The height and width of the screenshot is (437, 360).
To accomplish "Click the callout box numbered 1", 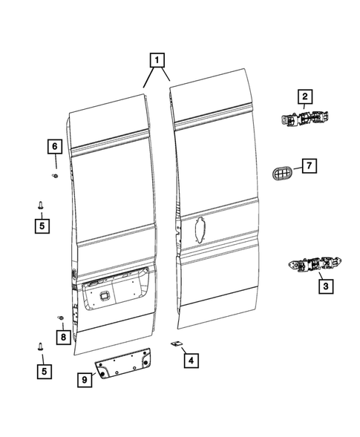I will point(157,59).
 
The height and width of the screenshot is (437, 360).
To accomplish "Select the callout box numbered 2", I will point(305,96).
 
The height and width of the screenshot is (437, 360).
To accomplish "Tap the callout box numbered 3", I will point(324,284).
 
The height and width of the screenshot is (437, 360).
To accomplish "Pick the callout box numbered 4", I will point(191,361).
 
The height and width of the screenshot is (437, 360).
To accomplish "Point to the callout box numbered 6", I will point(54,148).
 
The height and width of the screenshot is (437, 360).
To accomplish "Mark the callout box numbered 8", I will point(63,338).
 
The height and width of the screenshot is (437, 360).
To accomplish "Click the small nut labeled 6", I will point(55,176).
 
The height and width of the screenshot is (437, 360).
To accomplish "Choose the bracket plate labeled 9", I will point(121,365).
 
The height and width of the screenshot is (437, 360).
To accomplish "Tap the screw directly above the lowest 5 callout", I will point(41,346).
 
